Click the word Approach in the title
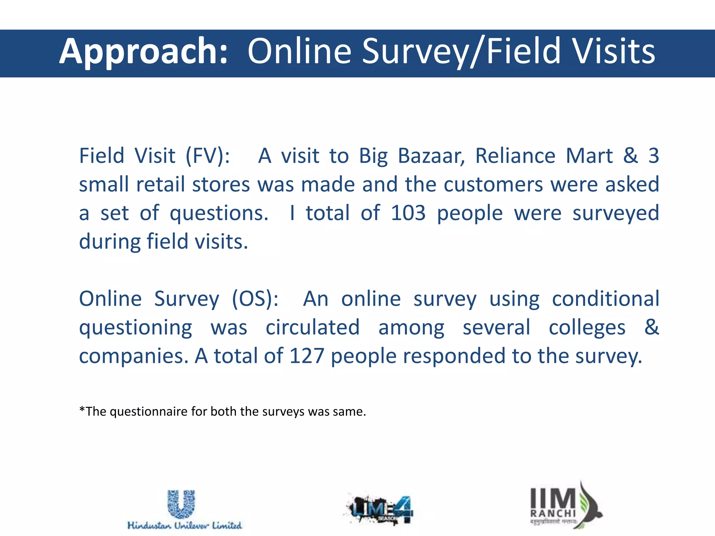tap(143, 52)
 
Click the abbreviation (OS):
tap(255, 299)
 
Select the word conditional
tap(605, 299)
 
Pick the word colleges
tap(587, 328)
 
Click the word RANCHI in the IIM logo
tap(553, 513)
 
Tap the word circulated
tap(312, 328)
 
